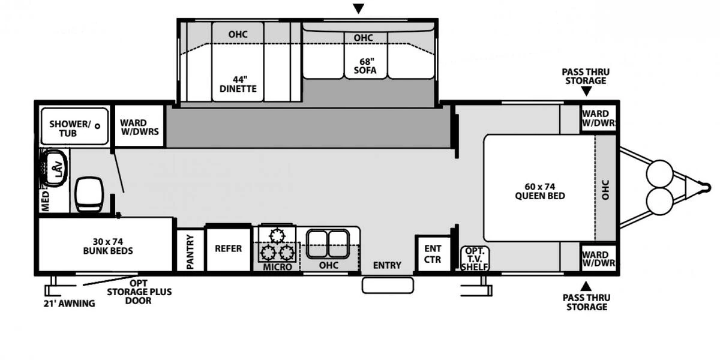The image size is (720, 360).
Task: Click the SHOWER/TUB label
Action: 70,128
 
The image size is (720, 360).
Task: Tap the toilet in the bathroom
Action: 89,194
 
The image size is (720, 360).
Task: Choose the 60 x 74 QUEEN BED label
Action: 539,190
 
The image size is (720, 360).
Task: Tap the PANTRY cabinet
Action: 190,251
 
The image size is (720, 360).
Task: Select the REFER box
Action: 228,248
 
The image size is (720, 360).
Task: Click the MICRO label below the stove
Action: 277,266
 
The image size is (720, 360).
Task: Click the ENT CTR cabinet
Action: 433,254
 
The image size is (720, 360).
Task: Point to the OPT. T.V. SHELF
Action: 475,259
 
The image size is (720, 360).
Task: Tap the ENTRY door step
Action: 388,285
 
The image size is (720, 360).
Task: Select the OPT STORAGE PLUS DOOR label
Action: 139,291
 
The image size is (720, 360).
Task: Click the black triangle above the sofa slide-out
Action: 358,8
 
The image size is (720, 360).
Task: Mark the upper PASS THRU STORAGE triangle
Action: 586,92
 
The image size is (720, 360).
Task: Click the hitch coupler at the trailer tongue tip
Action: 706,188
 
